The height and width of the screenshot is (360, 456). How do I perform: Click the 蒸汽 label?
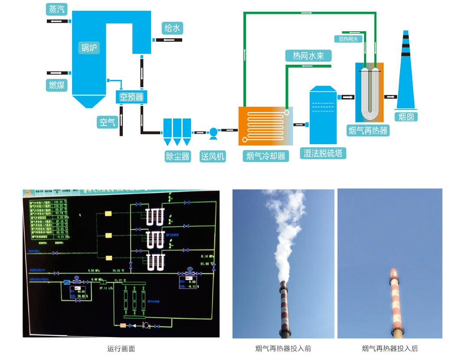tap(57, 9)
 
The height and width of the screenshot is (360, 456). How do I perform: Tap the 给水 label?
tap(172, 28)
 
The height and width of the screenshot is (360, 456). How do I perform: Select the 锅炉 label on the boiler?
tap(89, 47)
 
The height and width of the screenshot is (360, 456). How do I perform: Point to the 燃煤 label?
tap(57, 85)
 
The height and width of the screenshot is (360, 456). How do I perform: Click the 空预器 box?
tap(131, 97)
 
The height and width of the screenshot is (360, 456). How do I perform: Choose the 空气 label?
tap(107, 122)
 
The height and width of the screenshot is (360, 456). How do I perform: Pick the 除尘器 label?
tap(178, 156)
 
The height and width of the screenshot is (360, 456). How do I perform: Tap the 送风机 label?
tap(213, 156)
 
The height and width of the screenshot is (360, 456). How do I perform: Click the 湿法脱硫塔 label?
tap(323, 153)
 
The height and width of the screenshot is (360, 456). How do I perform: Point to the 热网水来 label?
tap(308, 56)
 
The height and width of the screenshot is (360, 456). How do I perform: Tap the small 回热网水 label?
tap(348, 39)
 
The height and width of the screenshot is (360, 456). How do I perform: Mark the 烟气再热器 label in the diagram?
tap(368, 130)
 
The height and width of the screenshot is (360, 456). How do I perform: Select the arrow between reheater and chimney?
tap(390, 97)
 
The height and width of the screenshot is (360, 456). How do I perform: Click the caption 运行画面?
tap(121, 348)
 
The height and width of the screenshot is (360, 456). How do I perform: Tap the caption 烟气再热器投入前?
tap(283, 348)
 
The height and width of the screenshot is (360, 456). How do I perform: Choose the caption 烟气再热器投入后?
tap(390, 348)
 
